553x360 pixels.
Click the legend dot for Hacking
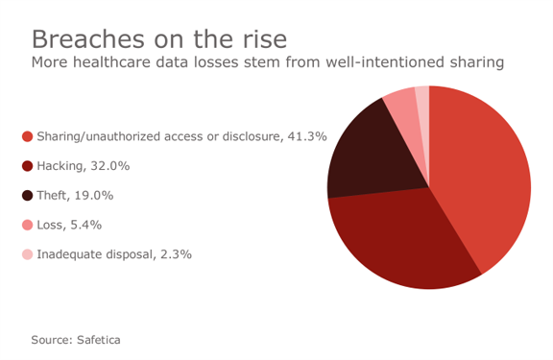tap(27, 166)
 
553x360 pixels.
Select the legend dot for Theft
tap(27, 196)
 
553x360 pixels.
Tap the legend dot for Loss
tap(27, 225)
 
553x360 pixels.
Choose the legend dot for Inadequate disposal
tap(27, 254)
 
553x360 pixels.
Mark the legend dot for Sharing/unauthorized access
tap(27, 136)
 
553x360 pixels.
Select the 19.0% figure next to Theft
tap(94, 196)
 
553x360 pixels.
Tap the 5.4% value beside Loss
tap(84, 225)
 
